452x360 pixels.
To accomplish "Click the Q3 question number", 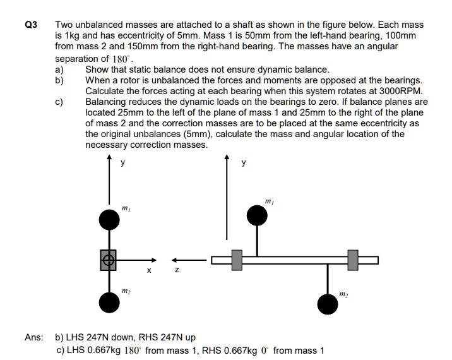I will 30,25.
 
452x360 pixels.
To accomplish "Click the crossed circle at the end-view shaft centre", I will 109,260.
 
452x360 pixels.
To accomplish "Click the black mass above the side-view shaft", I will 257,216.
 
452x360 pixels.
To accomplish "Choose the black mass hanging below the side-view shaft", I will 327,304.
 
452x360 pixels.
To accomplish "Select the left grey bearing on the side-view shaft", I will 237,260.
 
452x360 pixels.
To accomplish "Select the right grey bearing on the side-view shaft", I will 353,260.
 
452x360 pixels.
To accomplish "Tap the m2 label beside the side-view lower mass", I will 343,294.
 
